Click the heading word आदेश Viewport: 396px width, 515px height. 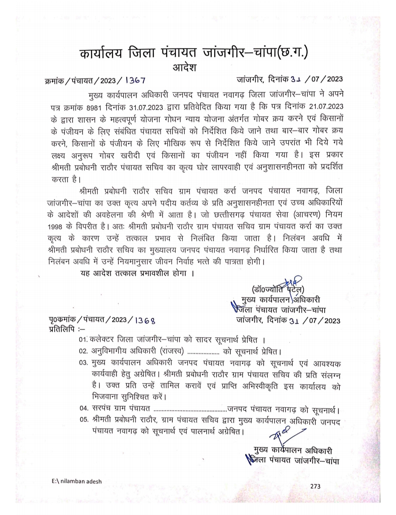(184, 68)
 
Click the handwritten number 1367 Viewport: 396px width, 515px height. (135, 80)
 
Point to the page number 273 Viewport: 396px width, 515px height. (315, 486)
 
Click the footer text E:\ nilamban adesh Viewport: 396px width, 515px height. (77, 481)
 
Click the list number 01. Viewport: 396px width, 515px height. (84, 340)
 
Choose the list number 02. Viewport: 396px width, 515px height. (84, 351)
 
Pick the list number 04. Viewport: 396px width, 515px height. (84, 408)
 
